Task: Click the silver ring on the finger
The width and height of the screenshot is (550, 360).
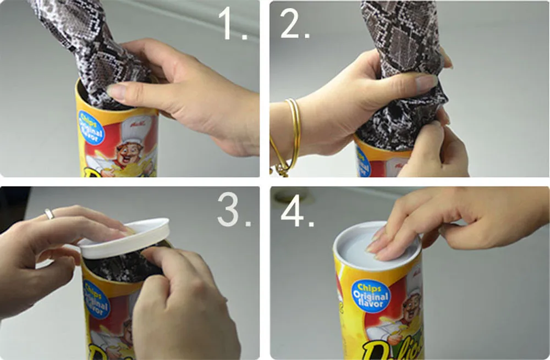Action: [x=50, y=214]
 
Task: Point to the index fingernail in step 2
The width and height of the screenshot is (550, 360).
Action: [x=427, y=82]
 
